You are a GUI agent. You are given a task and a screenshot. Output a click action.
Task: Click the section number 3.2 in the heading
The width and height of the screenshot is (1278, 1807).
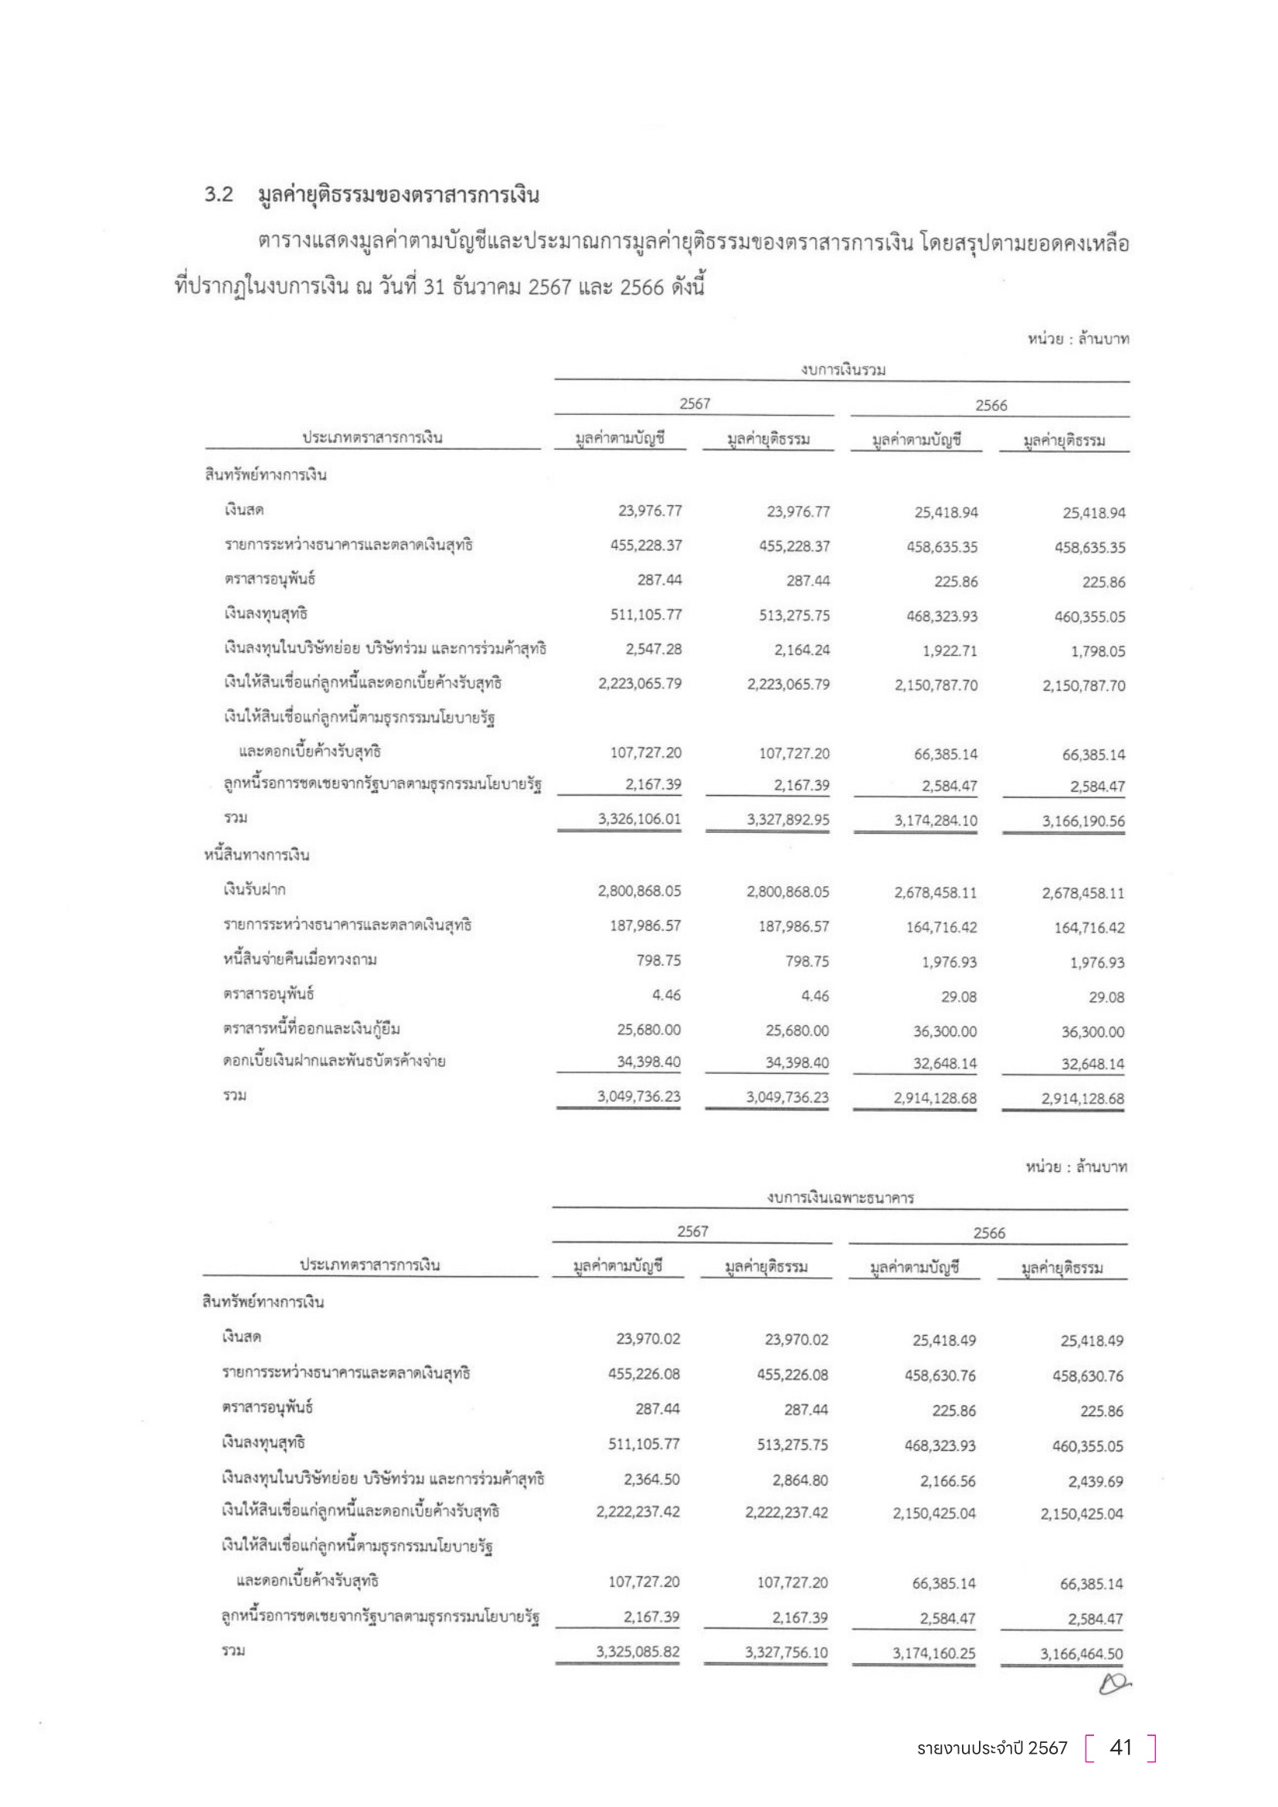(219, 195)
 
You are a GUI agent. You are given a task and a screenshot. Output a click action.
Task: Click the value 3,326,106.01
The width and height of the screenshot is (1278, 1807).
(639, 819)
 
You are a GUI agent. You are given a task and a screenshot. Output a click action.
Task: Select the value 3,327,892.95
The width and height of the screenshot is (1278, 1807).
(787, 820)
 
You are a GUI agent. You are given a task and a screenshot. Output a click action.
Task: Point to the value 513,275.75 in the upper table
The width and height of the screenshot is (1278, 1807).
(794, 616)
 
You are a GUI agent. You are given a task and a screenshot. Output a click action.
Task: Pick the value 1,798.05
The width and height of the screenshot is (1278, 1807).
(1098, 652)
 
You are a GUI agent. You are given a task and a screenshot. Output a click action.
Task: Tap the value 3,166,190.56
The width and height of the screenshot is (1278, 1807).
(1083, 822)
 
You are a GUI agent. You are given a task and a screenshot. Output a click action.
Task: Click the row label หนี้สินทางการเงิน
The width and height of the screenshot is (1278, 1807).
(257, 854)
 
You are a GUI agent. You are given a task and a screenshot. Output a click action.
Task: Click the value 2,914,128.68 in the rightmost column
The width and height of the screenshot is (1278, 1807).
(1083, 1099)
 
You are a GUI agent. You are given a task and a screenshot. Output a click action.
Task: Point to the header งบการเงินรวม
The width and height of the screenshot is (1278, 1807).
(843, 370)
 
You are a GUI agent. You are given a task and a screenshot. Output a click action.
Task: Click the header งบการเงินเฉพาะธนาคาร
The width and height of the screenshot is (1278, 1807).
(841, 1199)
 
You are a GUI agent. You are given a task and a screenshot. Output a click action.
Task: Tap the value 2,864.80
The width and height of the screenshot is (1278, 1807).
(800, 1480)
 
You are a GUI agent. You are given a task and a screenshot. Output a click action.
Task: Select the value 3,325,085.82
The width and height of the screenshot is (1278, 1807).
(637, 1652)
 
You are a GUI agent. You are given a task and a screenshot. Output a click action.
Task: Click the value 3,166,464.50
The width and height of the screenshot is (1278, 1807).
(1081, 1654)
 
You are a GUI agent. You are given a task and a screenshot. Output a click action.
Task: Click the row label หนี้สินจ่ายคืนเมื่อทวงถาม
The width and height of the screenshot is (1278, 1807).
(299, 960)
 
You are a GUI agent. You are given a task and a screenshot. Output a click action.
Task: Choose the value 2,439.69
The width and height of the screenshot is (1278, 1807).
(1096, 1482)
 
